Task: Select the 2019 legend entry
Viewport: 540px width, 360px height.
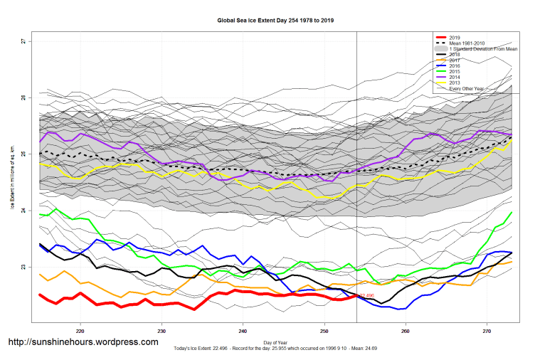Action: (455, 37)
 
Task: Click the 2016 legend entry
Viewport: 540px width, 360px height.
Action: (455, 65)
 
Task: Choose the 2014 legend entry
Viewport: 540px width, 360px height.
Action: (455, 77)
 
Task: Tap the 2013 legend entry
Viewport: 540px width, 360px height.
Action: (455, 83)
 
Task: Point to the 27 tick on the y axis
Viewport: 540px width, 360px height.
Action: (23, 41)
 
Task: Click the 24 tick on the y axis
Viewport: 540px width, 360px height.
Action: (23, 211)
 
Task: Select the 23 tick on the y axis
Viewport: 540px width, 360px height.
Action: (23, 267)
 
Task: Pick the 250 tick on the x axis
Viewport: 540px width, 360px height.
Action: (324, 331)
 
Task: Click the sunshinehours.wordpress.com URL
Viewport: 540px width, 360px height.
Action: (83, 342)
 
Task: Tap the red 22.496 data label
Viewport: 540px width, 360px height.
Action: (366, 295)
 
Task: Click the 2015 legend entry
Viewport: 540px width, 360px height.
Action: (455, 71)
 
